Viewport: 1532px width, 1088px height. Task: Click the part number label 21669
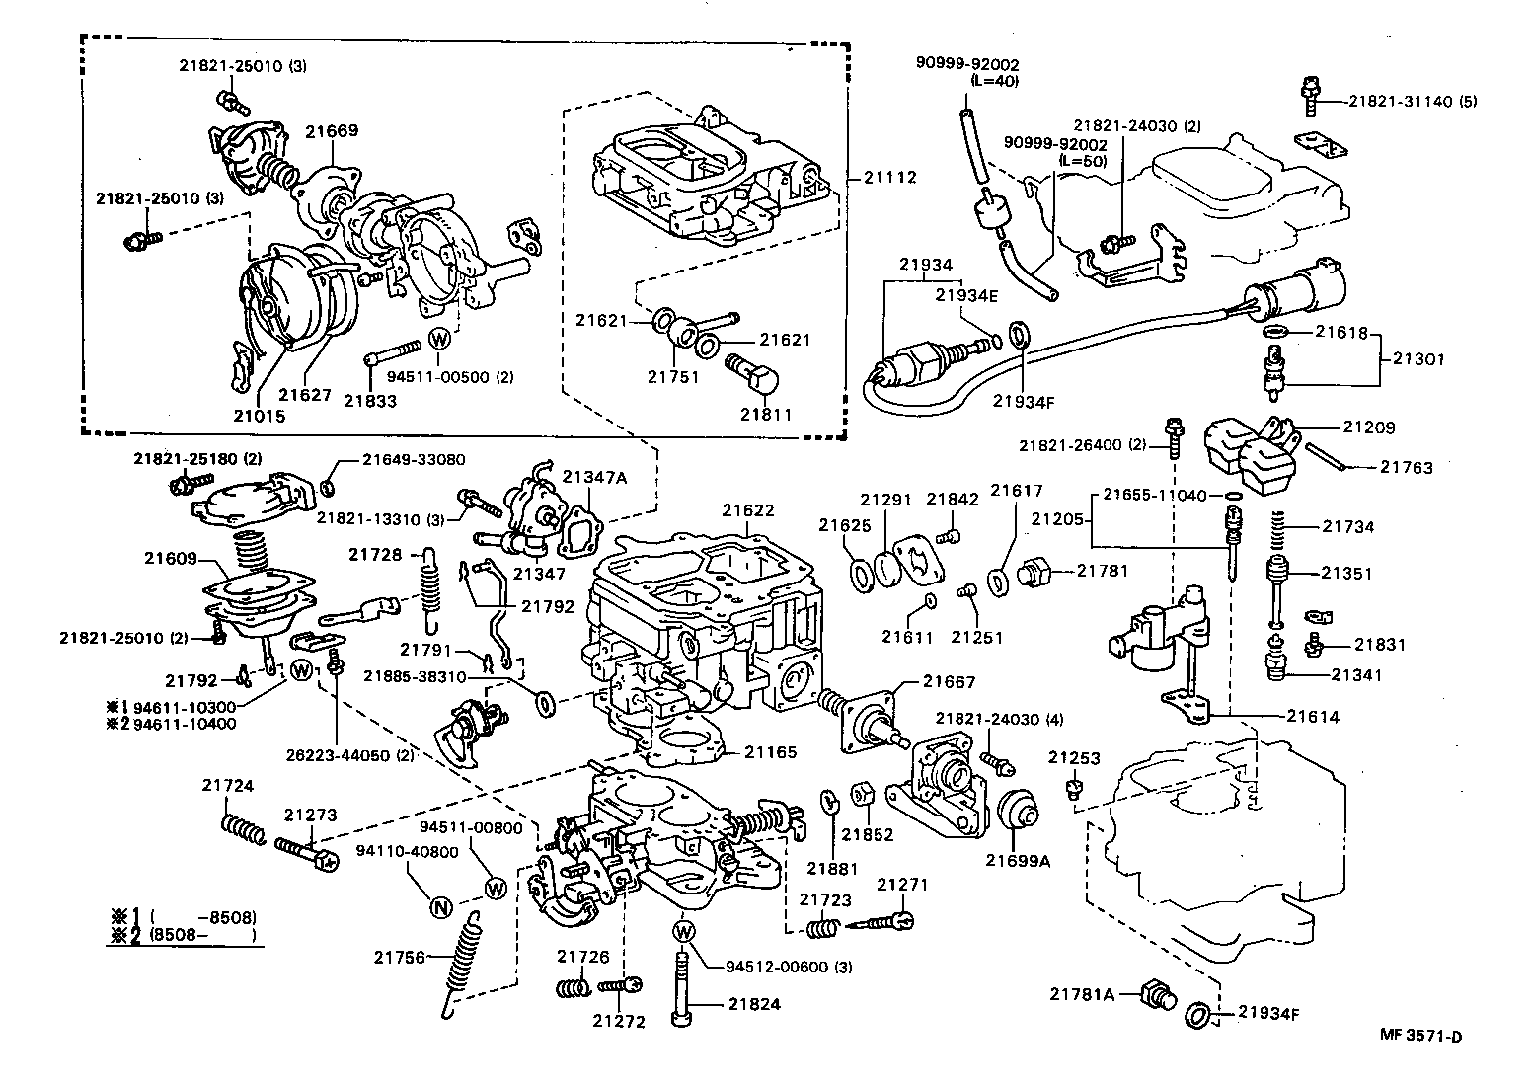(x=331, y=130)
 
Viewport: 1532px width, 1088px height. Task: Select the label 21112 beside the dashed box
(x=889, y=178)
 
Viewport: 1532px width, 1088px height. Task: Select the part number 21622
(x=747, y=510)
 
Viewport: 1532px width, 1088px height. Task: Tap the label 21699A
(x=1018, y=860)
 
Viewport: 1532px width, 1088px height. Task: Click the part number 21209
(x=1369, y=427)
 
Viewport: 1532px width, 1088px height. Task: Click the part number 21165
(x=770, y=752)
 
